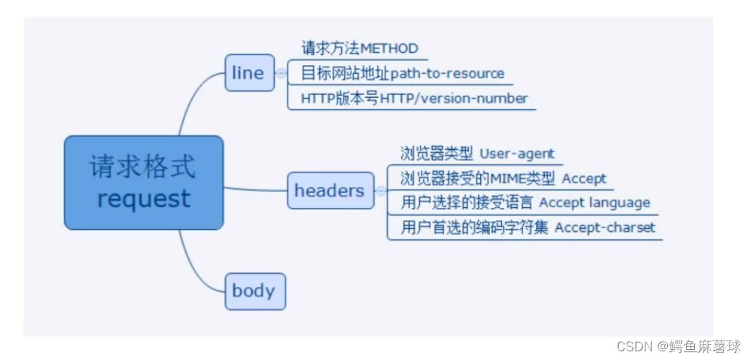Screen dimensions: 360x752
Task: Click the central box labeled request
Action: [x=143, y=183]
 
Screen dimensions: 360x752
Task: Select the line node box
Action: [x=249, y=73]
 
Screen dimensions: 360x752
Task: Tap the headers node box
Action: [x=330, y=191]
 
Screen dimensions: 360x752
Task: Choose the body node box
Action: [x=254, y=291]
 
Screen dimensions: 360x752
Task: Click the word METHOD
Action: [x=389, y=49]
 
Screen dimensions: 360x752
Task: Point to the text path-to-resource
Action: [x=447, y=74]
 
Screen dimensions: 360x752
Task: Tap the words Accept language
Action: [x=594, y=203]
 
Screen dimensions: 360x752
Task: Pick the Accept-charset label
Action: [x=605, y=227]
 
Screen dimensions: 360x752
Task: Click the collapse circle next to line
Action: [x=282, y=73]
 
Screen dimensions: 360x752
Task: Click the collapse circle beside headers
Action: [x=381, y=191]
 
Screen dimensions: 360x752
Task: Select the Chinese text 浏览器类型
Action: [x=437, y=154]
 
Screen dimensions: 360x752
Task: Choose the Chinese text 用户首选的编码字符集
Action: [x=475, y=227]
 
